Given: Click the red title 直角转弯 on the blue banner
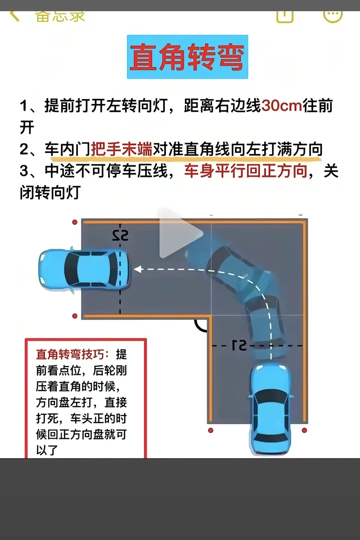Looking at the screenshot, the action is tap(187, 57).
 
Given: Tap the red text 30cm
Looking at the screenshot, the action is tap(281, 106).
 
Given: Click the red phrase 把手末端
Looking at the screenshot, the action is tap(122, 149).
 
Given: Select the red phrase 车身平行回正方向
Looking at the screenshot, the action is tap(246, 171).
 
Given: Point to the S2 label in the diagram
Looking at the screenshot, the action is tap(120, 235).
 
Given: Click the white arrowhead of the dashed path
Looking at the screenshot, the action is tap(137, 269).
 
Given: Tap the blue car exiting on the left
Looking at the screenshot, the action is tap(84, 269).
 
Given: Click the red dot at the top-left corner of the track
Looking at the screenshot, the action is tap(75, 222).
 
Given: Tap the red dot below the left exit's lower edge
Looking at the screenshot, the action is tap(75, 316).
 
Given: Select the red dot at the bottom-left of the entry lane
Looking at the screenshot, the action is tap(211, 430).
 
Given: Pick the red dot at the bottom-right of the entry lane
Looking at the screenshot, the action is tap(304, 430).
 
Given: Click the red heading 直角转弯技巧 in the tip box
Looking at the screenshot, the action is tap(70, 354).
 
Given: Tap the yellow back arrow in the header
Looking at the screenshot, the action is tap(14, 16).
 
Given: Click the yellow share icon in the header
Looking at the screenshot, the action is tap(285, 16).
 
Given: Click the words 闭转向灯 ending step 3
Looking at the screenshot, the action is tap(50, 192).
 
